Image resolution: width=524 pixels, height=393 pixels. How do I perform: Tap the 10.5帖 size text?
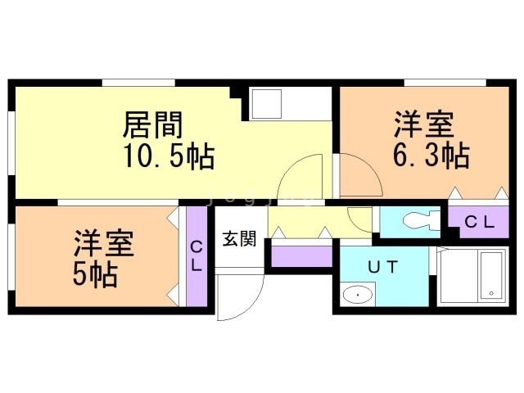tap(168, 155)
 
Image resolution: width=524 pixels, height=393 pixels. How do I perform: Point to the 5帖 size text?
tap(95, 274)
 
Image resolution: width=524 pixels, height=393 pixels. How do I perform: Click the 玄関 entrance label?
tap(240, 239)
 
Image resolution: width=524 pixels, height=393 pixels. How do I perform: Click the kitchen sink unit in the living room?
tap(268, 104)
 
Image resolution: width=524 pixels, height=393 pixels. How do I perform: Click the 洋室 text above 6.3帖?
tap(423, 124)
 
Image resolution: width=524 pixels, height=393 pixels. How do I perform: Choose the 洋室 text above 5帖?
tap(104, 244)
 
